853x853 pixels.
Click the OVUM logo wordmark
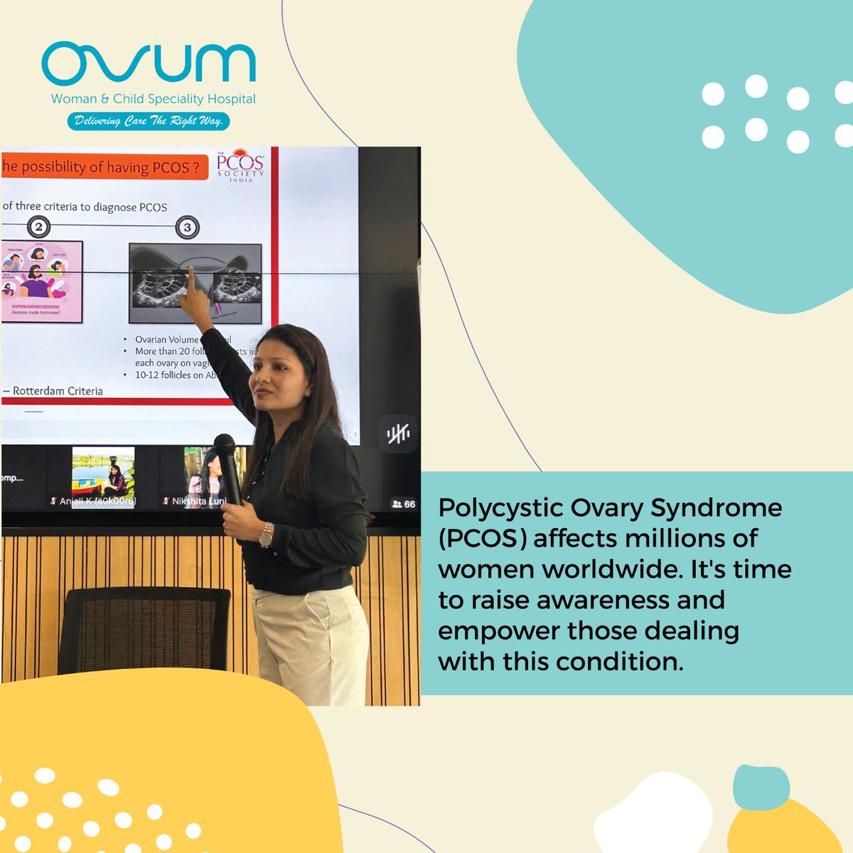[x=149, y=64]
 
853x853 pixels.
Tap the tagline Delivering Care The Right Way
[x=149, y=121]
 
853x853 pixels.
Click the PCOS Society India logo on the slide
[x=240, y=165]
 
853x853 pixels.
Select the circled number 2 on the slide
[x=39, y=227]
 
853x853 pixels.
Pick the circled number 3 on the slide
[x=187, y=227]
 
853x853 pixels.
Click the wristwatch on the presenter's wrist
[x=266, y=535]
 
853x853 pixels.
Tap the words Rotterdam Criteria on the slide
[x=58, y=391]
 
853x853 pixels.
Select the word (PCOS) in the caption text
[x=482, y=539]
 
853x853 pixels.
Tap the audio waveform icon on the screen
[x=397, y=434]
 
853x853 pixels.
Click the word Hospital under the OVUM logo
[x=232, y=100]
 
